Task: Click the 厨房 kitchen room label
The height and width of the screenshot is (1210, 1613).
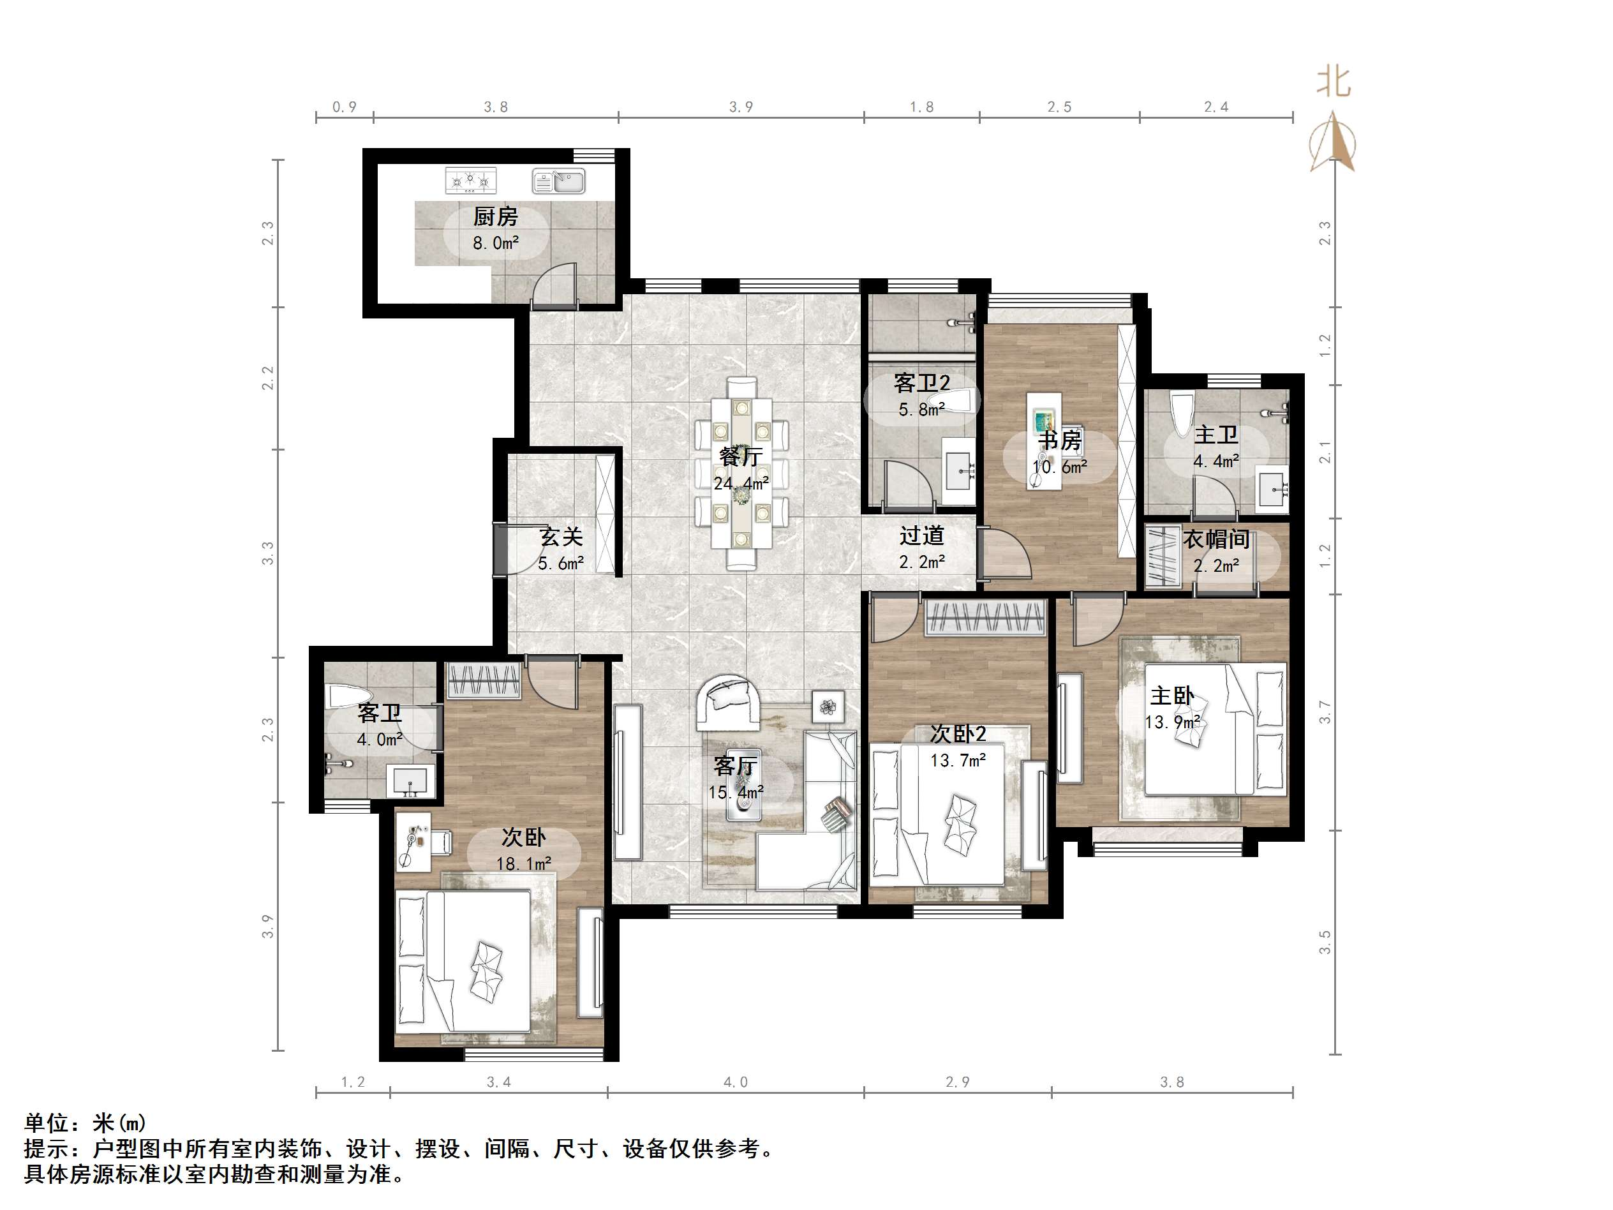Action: point(495,216)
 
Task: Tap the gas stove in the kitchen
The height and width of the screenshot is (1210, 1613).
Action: point(470,180)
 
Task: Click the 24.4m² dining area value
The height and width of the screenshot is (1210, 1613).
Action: point(741,484)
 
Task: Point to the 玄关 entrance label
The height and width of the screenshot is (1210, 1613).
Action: point(561,537)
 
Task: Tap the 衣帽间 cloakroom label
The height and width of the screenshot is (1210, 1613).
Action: point(1215,540)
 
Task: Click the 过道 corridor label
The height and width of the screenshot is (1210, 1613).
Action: point(922,536)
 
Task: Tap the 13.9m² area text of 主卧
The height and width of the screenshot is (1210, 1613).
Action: point(1173,722)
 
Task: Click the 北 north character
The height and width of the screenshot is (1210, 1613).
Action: point(1333,82)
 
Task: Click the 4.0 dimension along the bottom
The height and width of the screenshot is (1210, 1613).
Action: point(735,1082)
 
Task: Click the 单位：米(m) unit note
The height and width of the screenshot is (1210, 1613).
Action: point(85,1123)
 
